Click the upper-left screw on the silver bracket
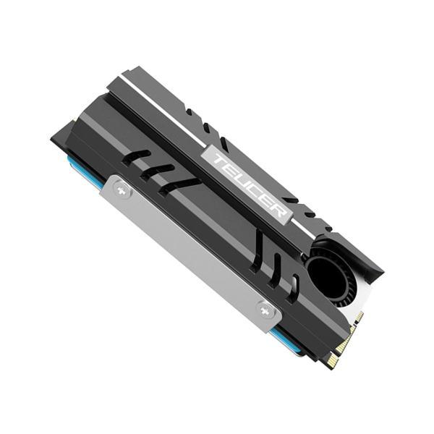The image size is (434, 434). [x=122, y=191]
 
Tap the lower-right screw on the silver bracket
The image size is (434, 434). [x=266, y=312]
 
